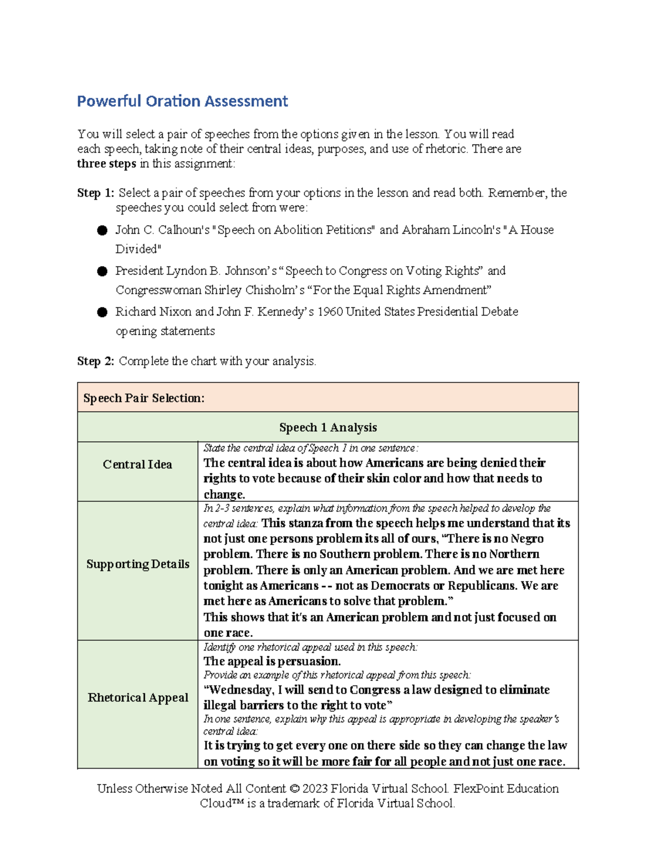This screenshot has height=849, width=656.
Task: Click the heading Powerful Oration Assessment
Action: [182, 101]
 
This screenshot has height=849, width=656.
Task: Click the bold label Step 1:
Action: [95, 193]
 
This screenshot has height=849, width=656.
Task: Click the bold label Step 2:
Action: [95, 361]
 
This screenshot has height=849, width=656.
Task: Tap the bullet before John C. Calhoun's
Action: [102, 230]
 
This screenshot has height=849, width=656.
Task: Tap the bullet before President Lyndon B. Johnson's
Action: [102, 271]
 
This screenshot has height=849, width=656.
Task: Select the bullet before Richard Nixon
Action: [102, 312]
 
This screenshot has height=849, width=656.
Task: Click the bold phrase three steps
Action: [106, 164]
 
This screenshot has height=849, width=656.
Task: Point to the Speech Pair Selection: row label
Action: [144, 398]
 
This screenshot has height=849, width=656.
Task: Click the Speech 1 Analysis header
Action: [327, 428]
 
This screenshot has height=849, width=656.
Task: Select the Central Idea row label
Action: [137, 465]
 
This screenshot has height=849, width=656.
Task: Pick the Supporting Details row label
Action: [138, 564]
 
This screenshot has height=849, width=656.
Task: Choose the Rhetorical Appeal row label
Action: [138, 698]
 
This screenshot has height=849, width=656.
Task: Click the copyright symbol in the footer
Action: [295, 788]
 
